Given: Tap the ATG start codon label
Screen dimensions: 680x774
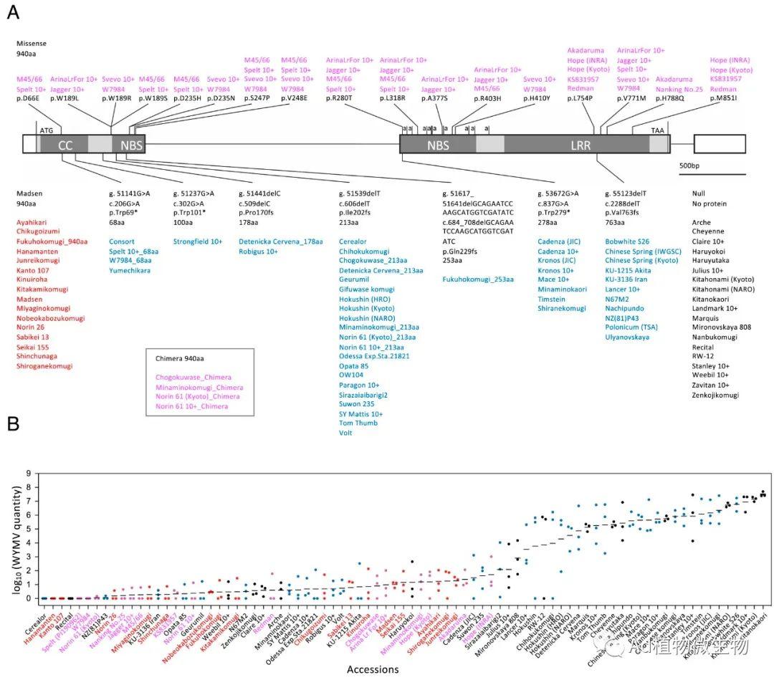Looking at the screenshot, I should tap(47, 131).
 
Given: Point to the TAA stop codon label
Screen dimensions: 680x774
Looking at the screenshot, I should tap(657, 131).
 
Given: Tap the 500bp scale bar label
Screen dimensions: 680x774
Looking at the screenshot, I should tap(693, 166).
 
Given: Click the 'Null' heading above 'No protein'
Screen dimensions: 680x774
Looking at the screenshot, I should tap(699, 193).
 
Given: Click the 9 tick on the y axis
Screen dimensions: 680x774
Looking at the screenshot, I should tap(28, 474).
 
